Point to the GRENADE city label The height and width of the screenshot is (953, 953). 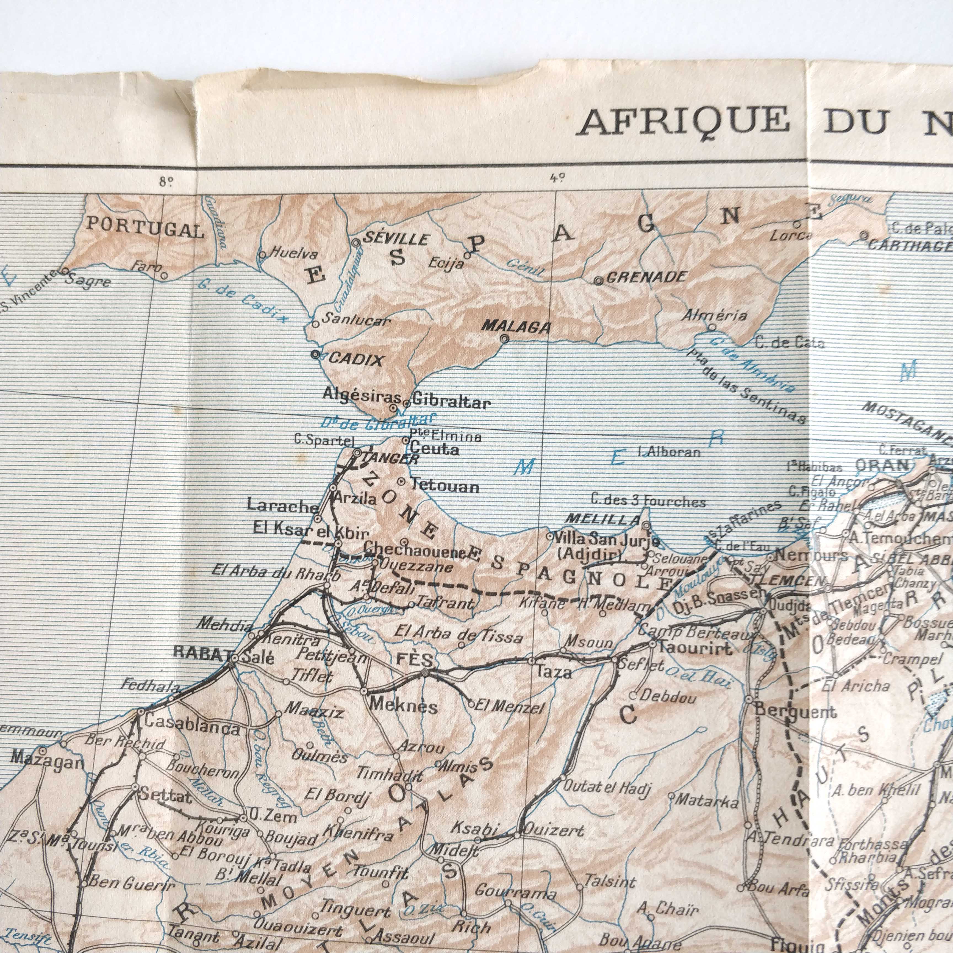coord(646,277)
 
